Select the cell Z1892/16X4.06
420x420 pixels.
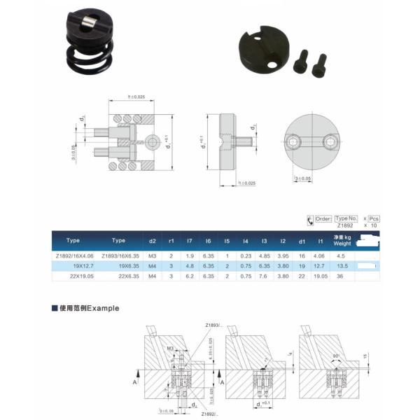(x=73, y=255)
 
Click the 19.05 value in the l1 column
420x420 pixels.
(x=321, y=276)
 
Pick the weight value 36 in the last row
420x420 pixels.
(x=342, y=276)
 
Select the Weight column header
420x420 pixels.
(x=342, y=244)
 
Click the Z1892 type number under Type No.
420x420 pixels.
(x=346, y=226)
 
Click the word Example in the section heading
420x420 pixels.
(x=104, y=307)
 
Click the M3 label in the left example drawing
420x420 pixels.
(x=171, y=348)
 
